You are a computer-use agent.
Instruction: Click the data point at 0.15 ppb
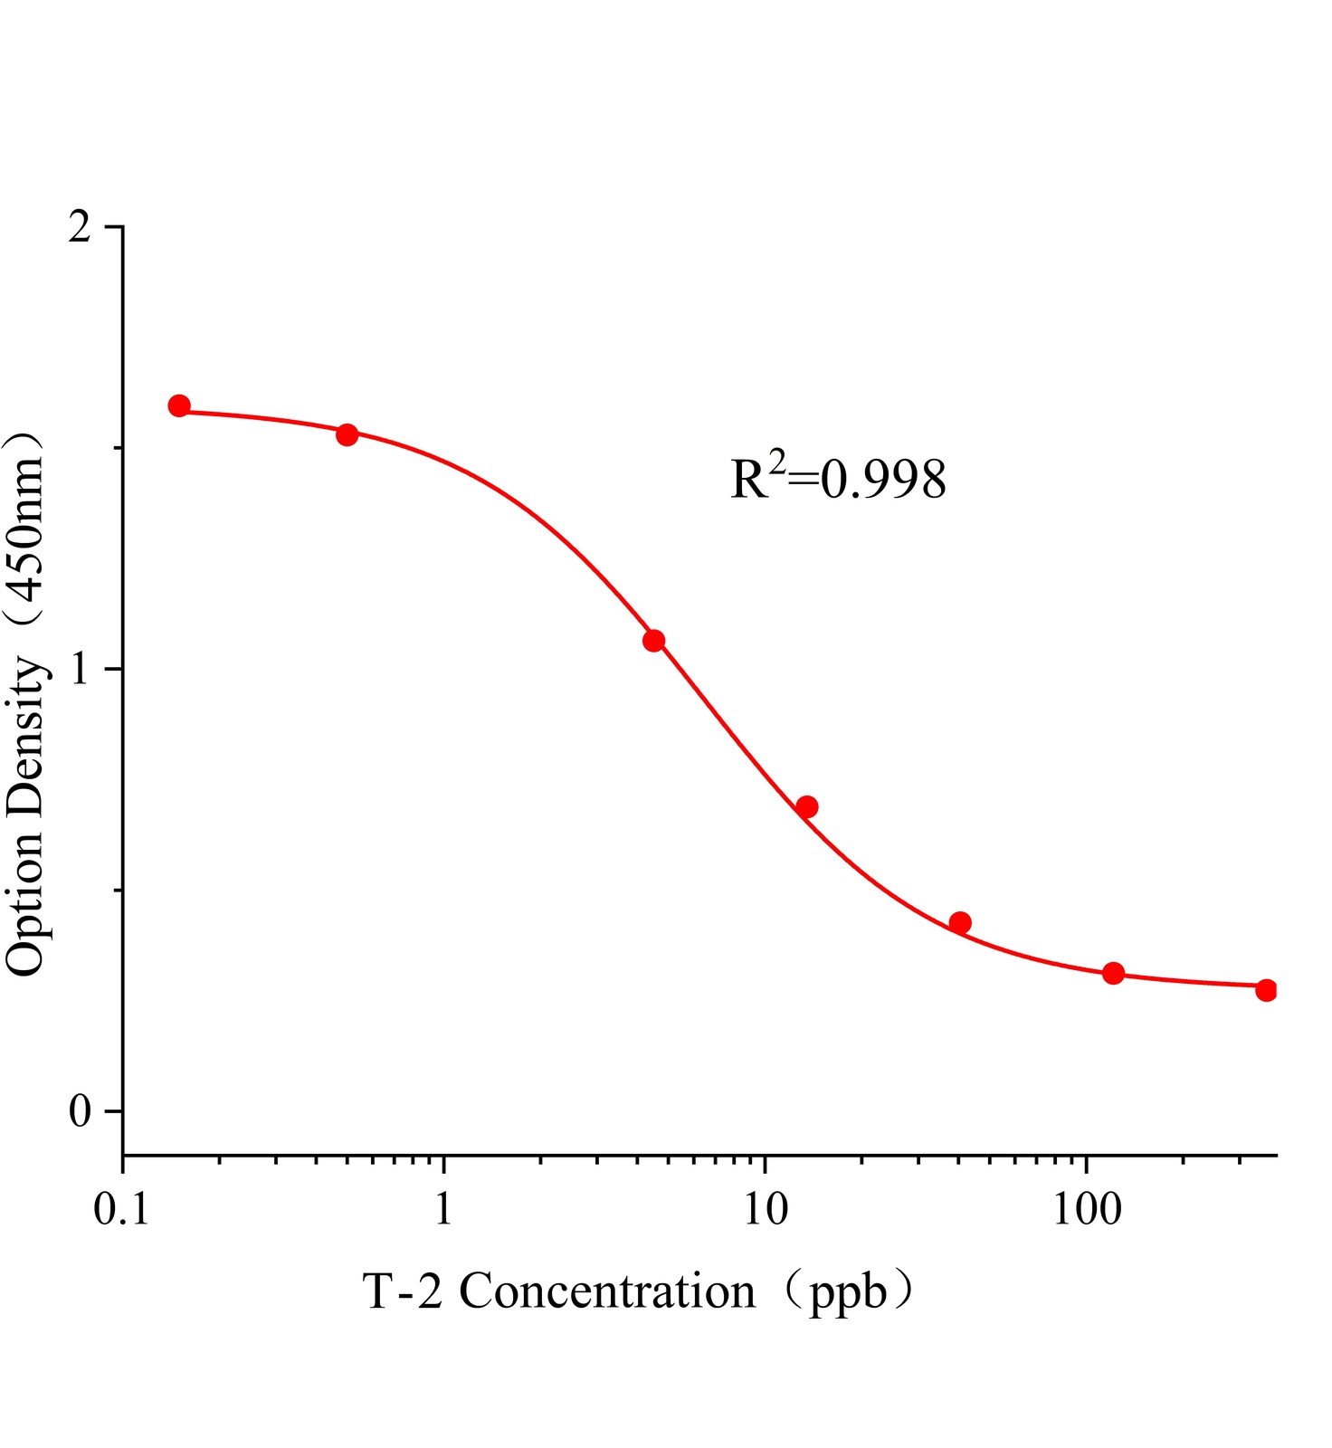pyautogui.click(x=179, y=405)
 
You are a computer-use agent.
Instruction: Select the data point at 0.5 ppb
pyautogui.click(x=347, y=434)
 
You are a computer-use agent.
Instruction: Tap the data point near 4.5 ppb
pyautogui.click(x=653, y=641)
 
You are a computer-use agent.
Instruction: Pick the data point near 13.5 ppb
pyautogui.click(x=807, y=806)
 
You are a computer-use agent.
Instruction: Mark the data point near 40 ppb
pyautogui.click(x=960, y=923)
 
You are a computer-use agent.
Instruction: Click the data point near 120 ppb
pyautogui.click(x=1113, y=974)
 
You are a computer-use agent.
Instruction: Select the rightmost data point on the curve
pyautogui.click(x=1266, y=990)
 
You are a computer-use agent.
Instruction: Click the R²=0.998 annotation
pyautogui.click(x=838, y=479)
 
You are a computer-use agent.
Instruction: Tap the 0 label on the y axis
pyautogui.click(x=81, y=1111)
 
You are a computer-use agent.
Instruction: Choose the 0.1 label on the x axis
pyautogui.click(x=121, y=1209)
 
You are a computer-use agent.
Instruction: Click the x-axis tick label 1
pyautogui.click(x=443, y=1209)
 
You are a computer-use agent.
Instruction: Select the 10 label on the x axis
pyautogui.click(x=766, y=1209)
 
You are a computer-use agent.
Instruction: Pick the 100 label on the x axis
pyautogui.click(x=1087, y=1209)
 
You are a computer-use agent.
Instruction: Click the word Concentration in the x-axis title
pyautogui.click(x=607, y=1291)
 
